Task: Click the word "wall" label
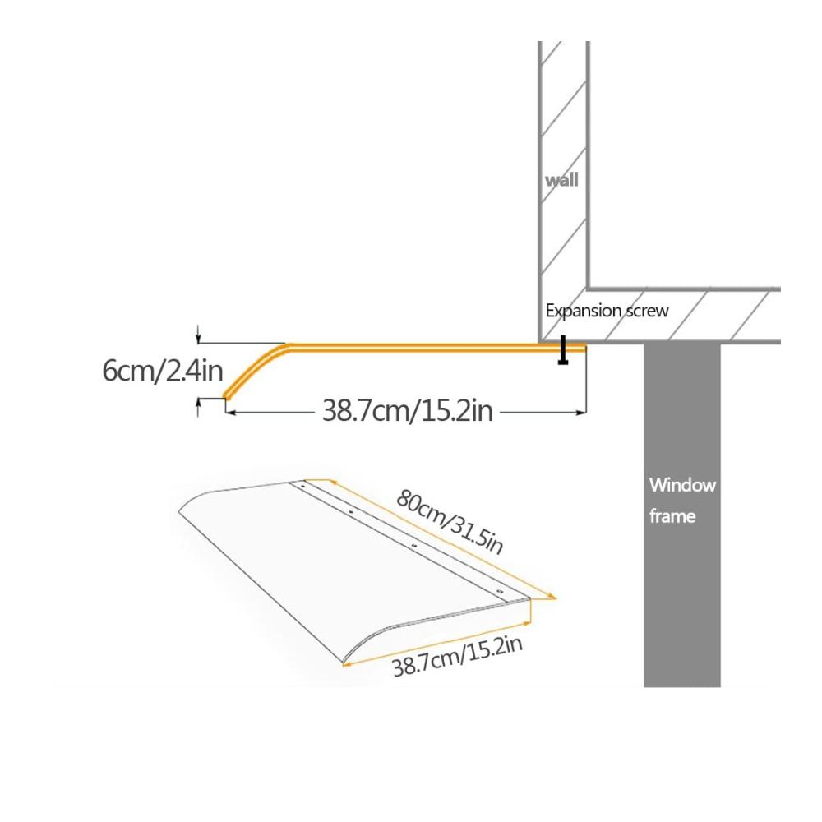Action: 561,180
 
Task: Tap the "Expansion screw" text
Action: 607,311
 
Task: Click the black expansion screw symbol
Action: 563,349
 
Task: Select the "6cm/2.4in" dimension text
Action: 163,371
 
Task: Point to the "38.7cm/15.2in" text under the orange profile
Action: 408,410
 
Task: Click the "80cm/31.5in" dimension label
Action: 450,521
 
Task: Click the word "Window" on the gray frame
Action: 682,485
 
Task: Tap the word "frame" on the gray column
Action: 672,516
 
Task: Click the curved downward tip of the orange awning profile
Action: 228,396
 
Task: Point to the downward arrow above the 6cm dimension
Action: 198,334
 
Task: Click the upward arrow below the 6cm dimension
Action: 198,408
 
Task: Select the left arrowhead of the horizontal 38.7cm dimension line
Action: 230,413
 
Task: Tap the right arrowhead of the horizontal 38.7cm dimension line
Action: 581,413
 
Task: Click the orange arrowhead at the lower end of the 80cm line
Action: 552,596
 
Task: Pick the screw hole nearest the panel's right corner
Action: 500,592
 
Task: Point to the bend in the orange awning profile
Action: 283,347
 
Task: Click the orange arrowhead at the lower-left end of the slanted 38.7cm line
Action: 346,664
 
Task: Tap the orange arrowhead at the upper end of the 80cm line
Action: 330,481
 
